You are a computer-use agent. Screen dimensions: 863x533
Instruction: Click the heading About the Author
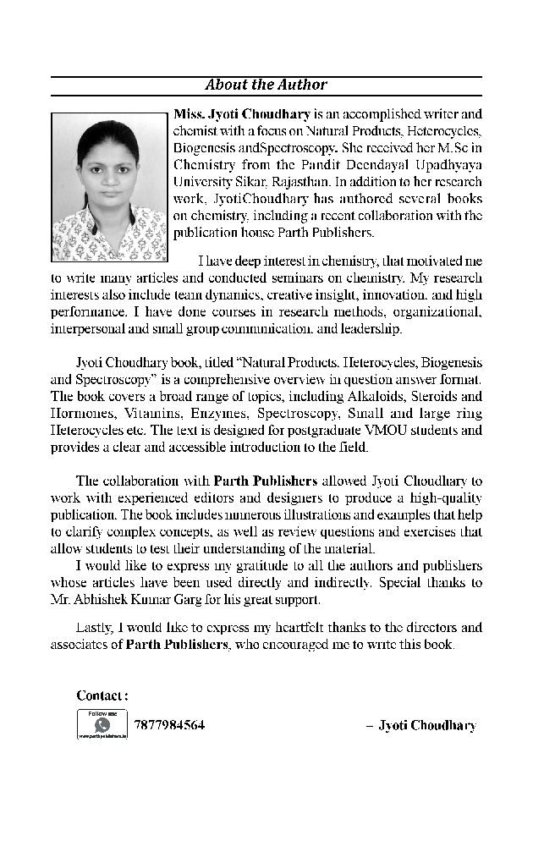[x=266, y=85]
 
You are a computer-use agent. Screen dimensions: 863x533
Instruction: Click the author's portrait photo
[x=109, y=187]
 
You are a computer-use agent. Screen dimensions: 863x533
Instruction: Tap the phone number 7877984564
[x=169, y=725]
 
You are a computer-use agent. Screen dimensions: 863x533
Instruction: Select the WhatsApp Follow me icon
[x=102, y=725]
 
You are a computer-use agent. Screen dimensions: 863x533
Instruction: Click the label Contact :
[x=102, y=695]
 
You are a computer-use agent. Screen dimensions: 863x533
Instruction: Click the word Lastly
[x=95, y=628]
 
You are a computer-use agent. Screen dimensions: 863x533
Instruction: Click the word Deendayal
[x=375, y=165]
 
